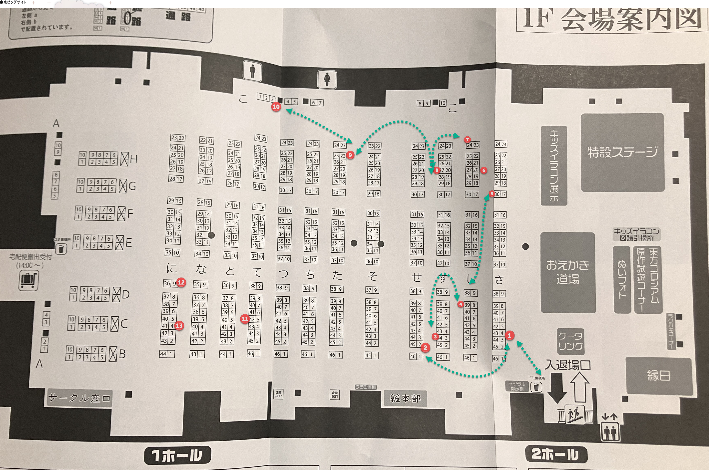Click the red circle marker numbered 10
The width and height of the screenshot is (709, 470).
pyautogui.click(x=276, y=107)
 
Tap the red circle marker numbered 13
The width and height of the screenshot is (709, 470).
pyautogui.click(x=179, y=325)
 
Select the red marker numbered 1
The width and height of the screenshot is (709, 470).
pyautogui.click(x=509, y=335)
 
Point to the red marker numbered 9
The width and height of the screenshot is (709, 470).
pyautogui.click(x=350, y=155)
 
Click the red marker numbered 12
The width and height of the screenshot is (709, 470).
pyautogui.click(x=181, y=282)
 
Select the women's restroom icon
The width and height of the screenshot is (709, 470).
pyautogui.click(x=327, y=80)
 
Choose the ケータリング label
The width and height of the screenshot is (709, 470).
pyautogui.click(x=570, y=341)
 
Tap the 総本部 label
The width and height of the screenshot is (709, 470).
pyautogui.click(x=405, y=398)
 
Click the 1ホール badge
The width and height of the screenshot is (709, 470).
pyautogui.click(x=177, y=455)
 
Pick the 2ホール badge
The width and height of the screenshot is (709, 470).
pyautogui.click(x=556, y=454)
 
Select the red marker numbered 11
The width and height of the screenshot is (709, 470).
pyautogui.click(x=245, y=319)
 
